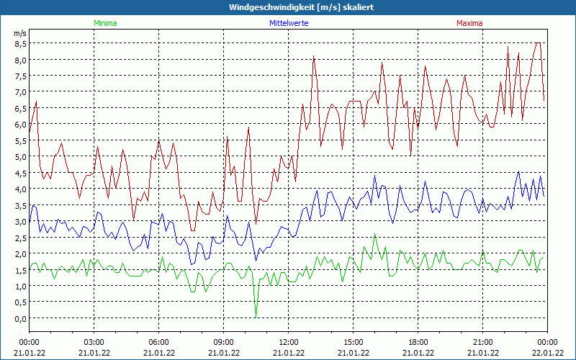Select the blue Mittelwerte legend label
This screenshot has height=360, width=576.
click(x=289, y=23)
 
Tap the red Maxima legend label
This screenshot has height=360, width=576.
click(x=469, y=23)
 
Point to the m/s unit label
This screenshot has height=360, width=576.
click(x=19, y=33)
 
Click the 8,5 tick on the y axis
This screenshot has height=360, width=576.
click(x=20, y=43)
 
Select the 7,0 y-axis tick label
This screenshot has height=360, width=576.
click(x=20, y=91)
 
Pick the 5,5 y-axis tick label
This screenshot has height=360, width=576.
click(x=20, y=140)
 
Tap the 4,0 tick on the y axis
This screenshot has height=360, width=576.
click(x=20, y=189)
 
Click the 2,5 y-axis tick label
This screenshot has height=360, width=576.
click(x=20, y=238)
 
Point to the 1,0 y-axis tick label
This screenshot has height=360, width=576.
click(x=20, y=286)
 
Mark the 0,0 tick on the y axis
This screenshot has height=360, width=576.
click(x=20, y=318)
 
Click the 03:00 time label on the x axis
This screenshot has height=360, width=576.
click(x=94, y=341)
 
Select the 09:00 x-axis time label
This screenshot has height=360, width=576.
click(x=223, y=341)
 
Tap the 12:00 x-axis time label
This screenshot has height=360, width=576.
click(x=288, y=341)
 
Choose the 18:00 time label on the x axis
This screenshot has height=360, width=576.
click(x=418, y=341)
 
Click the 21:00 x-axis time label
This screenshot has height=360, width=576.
click(x=482, y=341)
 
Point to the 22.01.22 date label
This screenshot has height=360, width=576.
click(x=547, y=352)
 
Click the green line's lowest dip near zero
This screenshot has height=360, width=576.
click(x=256, y=314)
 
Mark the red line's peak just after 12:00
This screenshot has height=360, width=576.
click(x=314, y=58)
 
